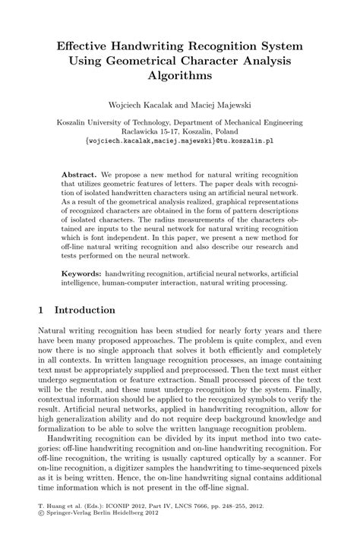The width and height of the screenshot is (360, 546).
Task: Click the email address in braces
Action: [x=179, y=140]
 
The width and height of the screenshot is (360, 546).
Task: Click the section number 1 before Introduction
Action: [x=41, y=310]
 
